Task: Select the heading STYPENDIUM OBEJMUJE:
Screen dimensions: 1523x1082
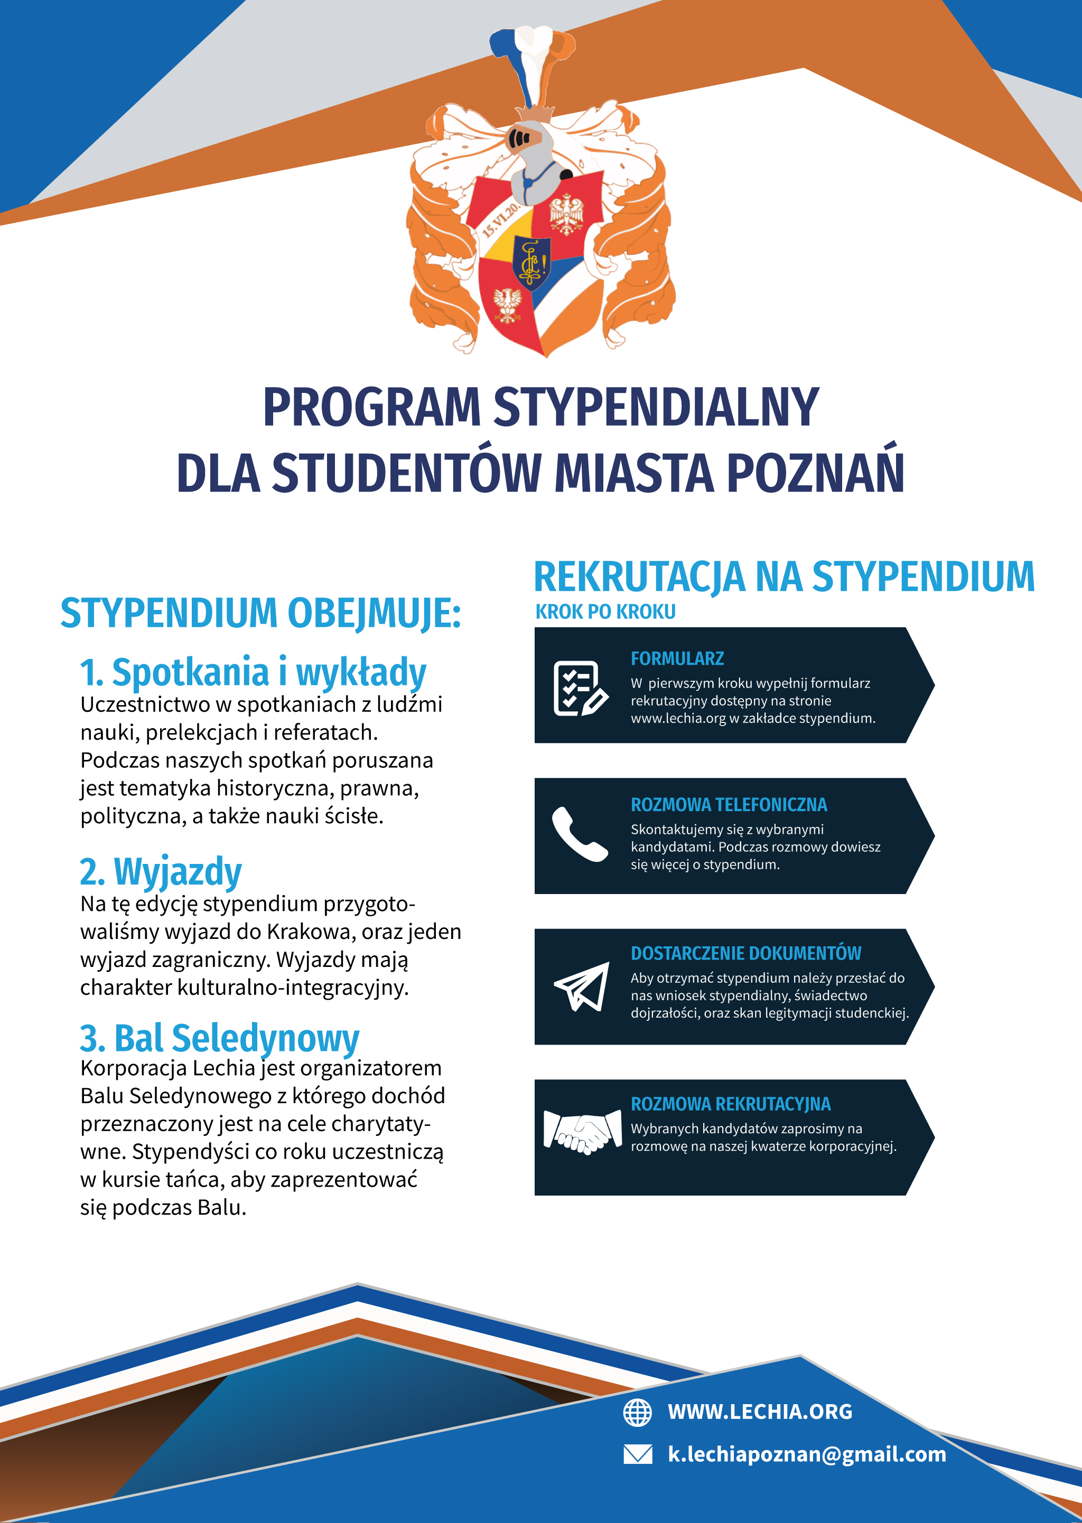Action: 260,613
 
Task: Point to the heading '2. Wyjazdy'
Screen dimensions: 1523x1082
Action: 161,872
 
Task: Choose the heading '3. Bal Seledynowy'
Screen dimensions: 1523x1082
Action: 219,1038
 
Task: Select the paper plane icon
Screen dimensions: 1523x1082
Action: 582,986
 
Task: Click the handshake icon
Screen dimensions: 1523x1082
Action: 582,1132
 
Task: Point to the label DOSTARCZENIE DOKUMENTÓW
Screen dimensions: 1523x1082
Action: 745,953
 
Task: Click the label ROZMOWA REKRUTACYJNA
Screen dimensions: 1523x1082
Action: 730,1104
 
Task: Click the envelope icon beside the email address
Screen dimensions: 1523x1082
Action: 637,1454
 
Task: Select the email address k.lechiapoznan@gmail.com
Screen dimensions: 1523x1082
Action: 807,1454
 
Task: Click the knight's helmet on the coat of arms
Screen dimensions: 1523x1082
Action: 531,160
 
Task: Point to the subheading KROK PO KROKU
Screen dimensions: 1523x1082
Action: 605,612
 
